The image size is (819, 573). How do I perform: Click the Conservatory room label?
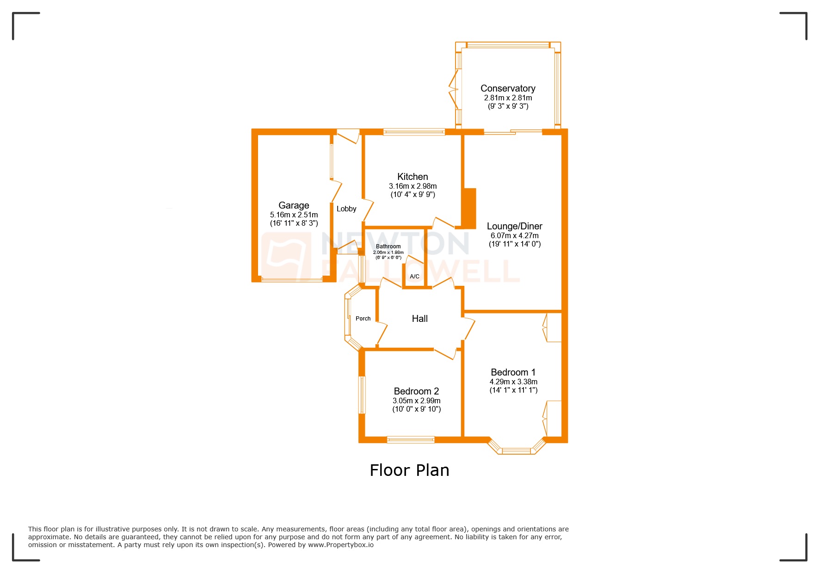tap(508, 88)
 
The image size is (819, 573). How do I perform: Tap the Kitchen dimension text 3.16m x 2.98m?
tap(413, 186)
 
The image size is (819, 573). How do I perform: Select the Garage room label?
tap(294, 205)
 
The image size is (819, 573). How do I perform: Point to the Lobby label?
tap(346, 209)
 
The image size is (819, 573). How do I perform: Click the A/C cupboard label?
tap(414, 277)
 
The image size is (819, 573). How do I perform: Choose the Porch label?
tap(363, 319)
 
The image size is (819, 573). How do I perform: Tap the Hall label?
tap(419, 319)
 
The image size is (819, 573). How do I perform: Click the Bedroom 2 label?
tap(416, 391)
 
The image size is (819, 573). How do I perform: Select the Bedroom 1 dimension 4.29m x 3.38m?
tap(513, 382)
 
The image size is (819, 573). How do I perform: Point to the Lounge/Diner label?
tap(514, 226)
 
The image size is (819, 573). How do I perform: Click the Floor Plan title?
tap(409, 470)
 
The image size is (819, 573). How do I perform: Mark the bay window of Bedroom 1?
tap(516, 450)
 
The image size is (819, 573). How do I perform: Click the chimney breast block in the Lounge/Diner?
tap(469, 208)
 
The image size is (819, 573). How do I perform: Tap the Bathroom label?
tap(388, 246)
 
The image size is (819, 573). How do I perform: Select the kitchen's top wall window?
tap(414, 132)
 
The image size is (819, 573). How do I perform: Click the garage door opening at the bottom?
tap(292, 279)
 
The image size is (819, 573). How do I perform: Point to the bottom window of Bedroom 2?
tap(411, 440)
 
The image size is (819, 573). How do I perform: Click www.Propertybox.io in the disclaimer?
tap(341, 545)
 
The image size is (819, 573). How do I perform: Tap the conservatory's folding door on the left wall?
tap(454, 89)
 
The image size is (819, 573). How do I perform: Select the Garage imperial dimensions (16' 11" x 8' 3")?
tap(294, 223)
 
